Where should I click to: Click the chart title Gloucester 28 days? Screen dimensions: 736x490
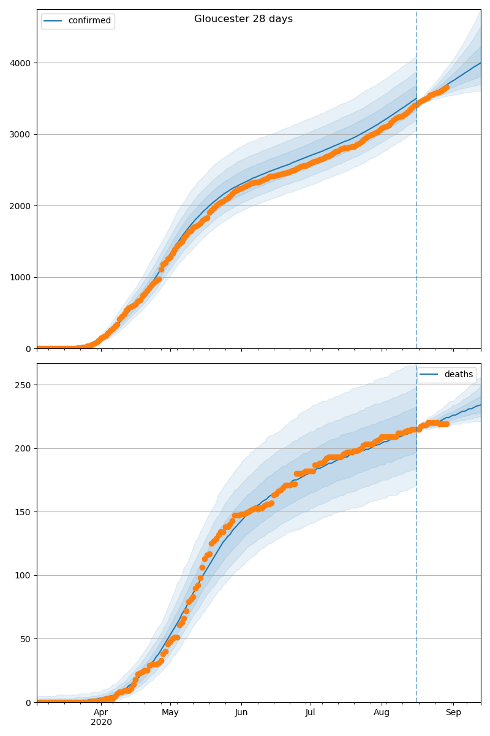pyautogui.click(x=243, y=19)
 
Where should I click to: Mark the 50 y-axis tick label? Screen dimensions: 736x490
pyautogui.click(x=26, y=639)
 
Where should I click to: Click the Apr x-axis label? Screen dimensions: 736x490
pyautogui.click(x=101, y=712)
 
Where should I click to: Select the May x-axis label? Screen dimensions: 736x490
pyautogui.click(x=170, y=712)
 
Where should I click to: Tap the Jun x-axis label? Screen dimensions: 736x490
pyautogui.click(x=241, y=712)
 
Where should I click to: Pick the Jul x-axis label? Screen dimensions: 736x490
pyautogui.click(x=311, y=712)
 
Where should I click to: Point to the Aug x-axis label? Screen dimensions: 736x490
pyautogui.click(x=382, y=712)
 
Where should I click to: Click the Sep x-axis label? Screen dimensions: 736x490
pyautogui.click(x=453, y=712)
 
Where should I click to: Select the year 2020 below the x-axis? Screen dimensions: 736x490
pyautogui.click(x=101, y=722)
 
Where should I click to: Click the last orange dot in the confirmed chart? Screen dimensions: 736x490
pyautogui.click(x=446, y=88)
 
